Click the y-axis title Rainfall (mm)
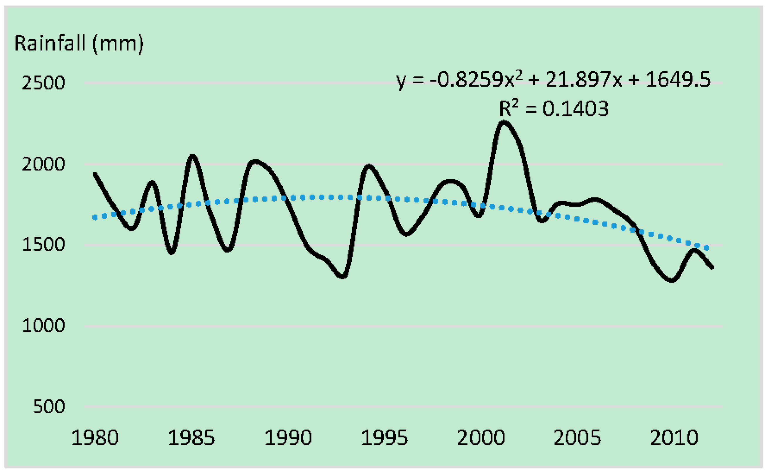[79, 43]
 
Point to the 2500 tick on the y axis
[43, 83]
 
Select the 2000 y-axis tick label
[43, 164]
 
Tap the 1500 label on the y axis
[43, 245]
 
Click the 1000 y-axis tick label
[43, 325]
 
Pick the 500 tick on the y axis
[49, 406]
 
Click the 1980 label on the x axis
[95, 438]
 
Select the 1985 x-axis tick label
[191, 438]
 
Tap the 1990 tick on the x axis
[288, 438]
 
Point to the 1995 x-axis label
[384, 438]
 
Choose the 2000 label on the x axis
[481, 438]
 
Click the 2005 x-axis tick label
[577, 438]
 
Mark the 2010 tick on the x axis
[673, 438]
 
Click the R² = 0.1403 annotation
[554, 109]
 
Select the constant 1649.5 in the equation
[678, 80]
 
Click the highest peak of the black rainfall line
[504, 122]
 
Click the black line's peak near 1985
[192, 156]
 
